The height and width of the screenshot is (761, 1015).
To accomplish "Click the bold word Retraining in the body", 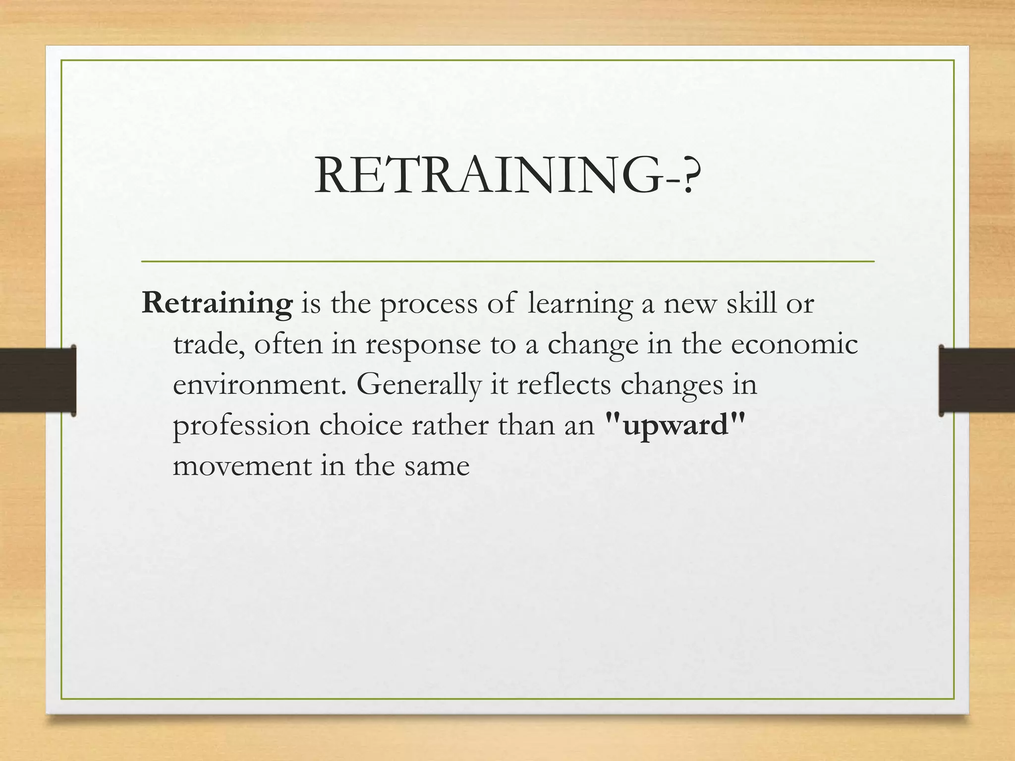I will coord(217,303).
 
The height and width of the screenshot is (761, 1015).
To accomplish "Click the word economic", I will coord(794,345).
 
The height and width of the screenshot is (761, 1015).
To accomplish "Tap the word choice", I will coord(361,425).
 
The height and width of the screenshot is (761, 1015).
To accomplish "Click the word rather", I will coord(450,425).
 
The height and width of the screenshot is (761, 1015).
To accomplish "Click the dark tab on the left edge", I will coord(38,380).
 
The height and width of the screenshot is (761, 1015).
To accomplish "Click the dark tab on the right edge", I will coord(976,380).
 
